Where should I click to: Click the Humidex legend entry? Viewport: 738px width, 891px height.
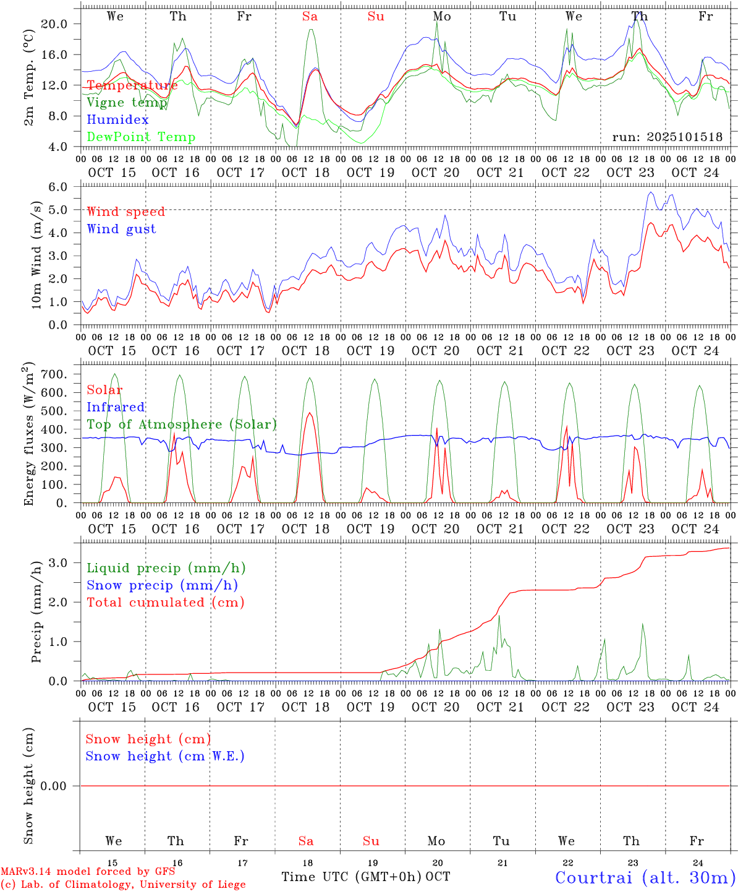click(x=117, y=120)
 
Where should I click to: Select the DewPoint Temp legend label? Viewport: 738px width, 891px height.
click(x=141, y=137)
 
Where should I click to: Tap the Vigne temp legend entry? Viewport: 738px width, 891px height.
click(x=127, y=103)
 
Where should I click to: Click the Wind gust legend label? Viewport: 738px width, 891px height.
click(x=121, y=229)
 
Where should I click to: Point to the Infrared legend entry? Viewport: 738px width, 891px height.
click(x=116, y=407)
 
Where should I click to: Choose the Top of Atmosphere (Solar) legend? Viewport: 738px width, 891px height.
click(x=182, y=424)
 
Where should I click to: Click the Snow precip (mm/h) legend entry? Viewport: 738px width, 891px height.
click(x=162, y=585)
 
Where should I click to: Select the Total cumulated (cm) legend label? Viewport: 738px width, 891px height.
click(x=166, y=603)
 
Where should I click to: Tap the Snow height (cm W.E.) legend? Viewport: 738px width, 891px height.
click(x=165, y=756)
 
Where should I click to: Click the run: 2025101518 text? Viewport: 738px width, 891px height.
click(x=667, y=137)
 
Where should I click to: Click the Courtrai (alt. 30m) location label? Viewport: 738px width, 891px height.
click(x=645, y=877)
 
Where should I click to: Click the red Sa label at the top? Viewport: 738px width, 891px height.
click(x=310, y=17)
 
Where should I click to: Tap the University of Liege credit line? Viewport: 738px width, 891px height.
click(x=123, y=885)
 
